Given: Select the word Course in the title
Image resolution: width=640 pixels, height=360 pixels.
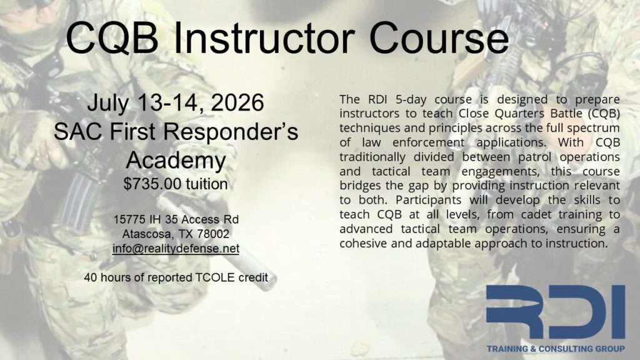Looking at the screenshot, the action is coord(439,38).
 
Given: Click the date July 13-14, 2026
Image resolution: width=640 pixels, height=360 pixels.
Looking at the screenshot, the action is coord(176,103).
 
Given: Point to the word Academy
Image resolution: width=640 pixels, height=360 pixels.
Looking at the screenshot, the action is coord(176,161).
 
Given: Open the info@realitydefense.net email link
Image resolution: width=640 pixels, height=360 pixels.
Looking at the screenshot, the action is coord(176,249).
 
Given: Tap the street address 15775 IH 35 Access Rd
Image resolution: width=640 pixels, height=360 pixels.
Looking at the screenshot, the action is coord(176,219).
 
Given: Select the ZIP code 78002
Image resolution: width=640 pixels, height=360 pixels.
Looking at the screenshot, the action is coord(213,234).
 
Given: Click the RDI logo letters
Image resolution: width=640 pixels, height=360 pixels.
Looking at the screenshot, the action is coord(556,311).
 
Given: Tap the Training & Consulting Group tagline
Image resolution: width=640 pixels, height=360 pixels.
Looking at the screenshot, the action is coord(556,349).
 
